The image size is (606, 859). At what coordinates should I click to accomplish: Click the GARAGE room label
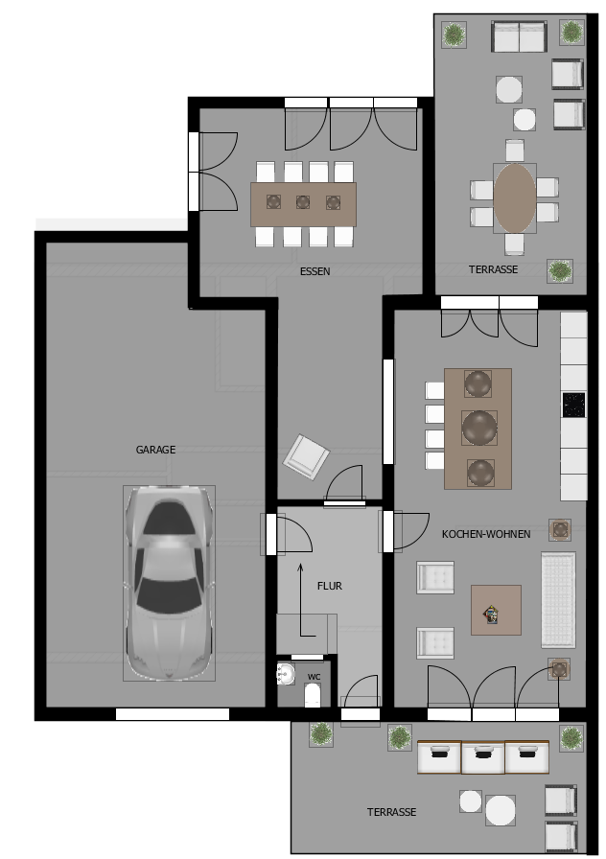click(x=155, y=450)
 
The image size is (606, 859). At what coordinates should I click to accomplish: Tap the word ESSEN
click(x=315, y=271)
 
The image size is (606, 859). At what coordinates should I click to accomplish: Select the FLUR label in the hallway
click(x=330, y=586)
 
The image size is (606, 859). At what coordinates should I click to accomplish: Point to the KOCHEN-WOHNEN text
click(x=486, y=534)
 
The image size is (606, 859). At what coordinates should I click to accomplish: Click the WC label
click(x=314, y=677)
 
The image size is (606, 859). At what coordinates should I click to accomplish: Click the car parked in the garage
click(x=169, y=583)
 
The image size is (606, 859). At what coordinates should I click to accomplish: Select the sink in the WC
click(x=286, y=674)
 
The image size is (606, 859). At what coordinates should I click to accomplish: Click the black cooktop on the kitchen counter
click(x=573, y=405)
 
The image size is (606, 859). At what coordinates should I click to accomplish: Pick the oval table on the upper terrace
click(x=515, y=198)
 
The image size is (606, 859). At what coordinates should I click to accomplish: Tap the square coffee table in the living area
click(x=496, y=611)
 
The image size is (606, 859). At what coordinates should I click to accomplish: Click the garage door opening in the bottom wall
click(x=173, y=714)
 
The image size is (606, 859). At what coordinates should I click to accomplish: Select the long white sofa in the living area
click(x=558, y=600)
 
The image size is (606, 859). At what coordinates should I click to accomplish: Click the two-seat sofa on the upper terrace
click(x=519, y=36)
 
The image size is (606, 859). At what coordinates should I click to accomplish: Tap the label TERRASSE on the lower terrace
click(x=392, y=812)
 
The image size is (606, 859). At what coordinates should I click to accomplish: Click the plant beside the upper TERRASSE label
click(x=560, y=270)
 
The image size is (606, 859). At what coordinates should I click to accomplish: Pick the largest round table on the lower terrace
click(x=501, y=810)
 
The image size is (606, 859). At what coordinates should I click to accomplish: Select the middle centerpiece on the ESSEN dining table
click(x=303, y=202)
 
